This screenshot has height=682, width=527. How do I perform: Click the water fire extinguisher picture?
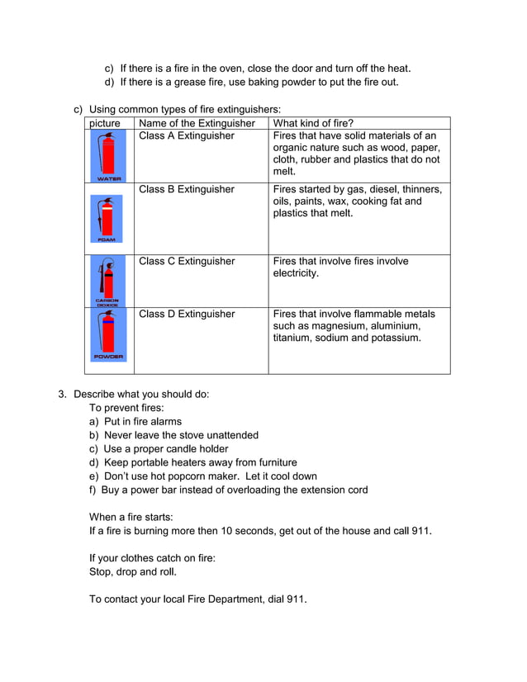tap(108, 157)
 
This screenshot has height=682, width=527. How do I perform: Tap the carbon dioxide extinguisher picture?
tap(107, 282)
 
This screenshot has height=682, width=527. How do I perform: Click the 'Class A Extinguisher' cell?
tap(187, 135)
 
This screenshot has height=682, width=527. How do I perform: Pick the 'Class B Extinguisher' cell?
tap(187, 189)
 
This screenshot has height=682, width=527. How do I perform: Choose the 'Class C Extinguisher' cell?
tap(187, 261)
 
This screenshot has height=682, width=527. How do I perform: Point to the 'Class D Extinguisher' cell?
tap(187, 314)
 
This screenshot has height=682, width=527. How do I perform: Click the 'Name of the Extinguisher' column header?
tap(197, 123)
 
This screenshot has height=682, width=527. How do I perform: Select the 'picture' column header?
tap(105, 123)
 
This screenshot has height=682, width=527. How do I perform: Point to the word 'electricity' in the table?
tap(295, 272)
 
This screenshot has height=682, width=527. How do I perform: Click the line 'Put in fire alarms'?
tap(142, 421)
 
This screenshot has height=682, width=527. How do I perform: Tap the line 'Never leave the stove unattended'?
tap(180, 435)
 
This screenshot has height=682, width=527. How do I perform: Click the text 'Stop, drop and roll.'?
tap(132, 571)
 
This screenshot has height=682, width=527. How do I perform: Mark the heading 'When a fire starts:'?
tap(131, 516)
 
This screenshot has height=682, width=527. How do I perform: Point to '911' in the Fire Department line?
tap(296, 599)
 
